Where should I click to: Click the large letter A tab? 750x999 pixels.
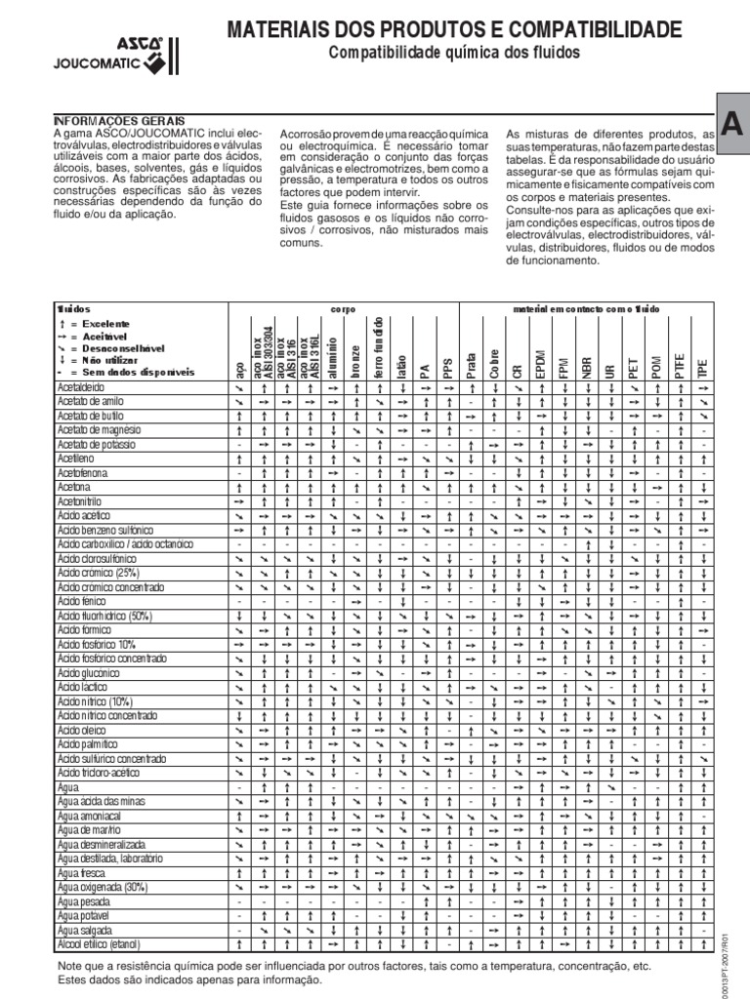[x=731, y=121]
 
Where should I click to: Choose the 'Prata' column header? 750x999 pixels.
[x=472, y=366]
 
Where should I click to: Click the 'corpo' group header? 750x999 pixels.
[x=343, y=308]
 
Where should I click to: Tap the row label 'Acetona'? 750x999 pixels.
[x=74, y=486]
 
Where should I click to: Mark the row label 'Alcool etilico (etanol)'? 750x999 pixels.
[x=100, y=944]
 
